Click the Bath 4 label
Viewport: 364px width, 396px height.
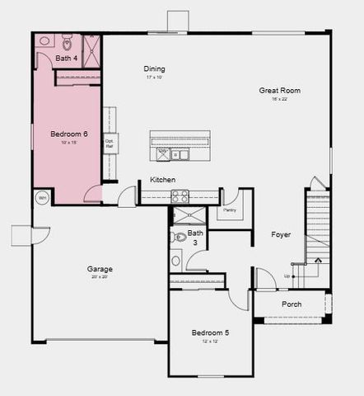[x=67, y=59]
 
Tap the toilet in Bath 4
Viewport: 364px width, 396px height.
[x=68, y=41]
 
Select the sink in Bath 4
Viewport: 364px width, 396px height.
[x=45, y=40]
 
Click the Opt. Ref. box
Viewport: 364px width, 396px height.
[x=109, y=142]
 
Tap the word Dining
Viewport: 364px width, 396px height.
[x=154, y=69]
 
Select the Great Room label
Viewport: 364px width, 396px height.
[x=278, y=90]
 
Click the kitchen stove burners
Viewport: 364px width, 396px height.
[x=180, y=196]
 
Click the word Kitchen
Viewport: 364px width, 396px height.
[x=162, y=180]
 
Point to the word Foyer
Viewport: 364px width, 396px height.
[x=281, y=235]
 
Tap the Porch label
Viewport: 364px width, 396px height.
[x=291, y=304]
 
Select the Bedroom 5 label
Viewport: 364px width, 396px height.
[x=210, y=332]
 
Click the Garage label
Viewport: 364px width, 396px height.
[x=100, y=269]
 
